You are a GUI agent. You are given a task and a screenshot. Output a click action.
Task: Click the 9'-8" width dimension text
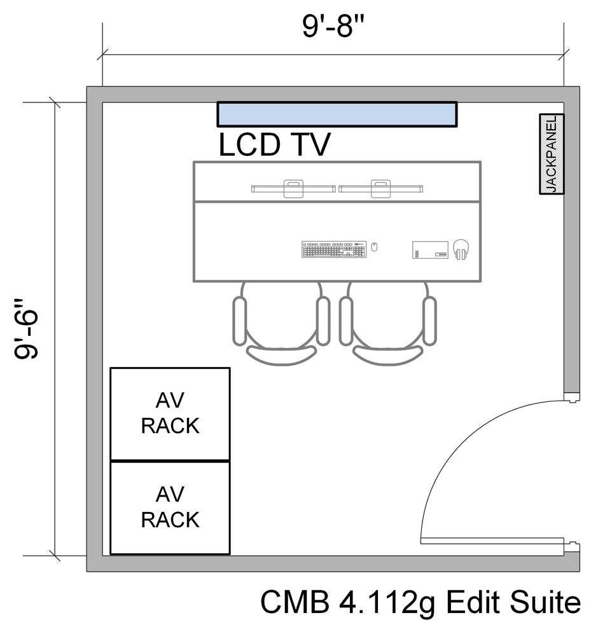(x=333, y=27)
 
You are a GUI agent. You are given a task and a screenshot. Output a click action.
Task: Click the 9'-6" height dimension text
(x=29, y=328)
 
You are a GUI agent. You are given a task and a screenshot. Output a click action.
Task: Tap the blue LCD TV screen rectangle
(x=337, y=114)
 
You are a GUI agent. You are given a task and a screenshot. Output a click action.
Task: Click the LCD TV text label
(x=274, y=144)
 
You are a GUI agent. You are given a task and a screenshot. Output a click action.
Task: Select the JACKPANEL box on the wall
(x=552, y=154)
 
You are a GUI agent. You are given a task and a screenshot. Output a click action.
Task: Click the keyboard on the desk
(x=335, y=249)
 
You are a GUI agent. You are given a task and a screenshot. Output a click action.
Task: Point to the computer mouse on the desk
(x=374, y=247)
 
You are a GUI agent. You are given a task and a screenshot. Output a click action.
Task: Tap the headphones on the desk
(x=461, y=249)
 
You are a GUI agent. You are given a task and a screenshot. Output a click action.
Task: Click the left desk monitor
(x=293, y=188)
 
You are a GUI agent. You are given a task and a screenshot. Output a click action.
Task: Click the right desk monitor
(x=381, y=188)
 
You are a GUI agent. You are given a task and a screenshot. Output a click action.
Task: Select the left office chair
(x=281, y=324)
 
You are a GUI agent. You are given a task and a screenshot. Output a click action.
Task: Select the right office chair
(x=388, y=324)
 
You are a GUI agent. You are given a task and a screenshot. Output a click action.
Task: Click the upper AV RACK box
(x=170, y=413)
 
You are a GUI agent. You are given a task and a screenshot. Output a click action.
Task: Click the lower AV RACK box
(x=170, y=508)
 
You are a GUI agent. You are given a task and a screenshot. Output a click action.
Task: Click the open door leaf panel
(x=493, y=541)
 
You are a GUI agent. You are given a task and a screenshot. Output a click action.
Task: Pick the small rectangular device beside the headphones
(x=430, y=249)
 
